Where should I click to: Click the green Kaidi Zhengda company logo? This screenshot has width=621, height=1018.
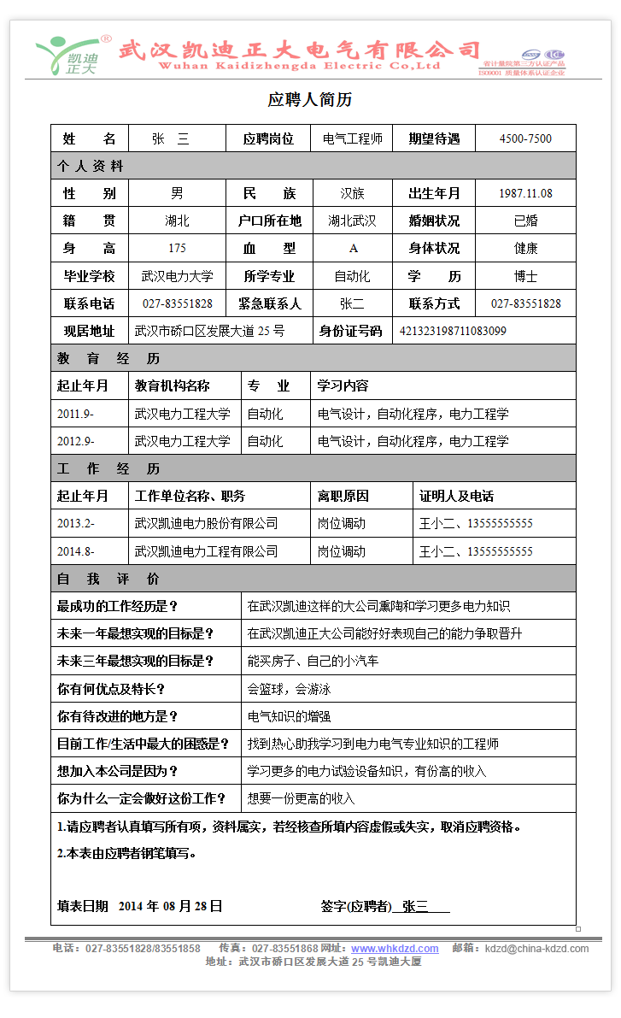tap(70, 56)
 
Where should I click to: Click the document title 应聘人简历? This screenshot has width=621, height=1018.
tap(310, 100)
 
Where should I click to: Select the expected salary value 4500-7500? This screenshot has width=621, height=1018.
tap(525, 138)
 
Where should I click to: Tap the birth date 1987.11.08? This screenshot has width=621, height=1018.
tap(525, 193)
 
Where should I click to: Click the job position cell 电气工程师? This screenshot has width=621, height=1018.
tap(353, 138)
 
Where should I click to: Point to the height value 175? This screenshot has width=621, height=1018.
tap(177, 249)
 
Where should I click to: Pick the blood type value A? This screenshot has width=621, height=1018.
tap(353, 249)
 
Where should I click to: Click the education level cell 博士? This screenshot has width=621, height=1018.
tap(525, 276)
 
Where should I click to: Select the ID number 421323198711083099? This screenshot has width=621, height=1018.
tap(453, 331)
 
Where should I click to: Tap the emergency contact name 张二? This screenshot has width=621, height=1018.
tap(352, 303)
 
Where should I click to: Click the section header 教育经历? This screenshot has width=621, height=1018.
tap(108, 358)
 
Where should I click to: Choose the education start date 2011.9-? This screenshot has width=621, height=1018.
tap(76, 414)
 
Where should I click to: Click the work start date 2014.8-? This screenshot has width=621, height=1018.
tap(76, 551)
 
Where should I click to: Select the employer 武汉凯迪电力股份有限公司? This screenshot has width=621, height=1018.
tap(207, 523)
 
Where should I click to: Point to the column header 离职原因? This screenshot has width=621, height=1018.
tap(342, 496)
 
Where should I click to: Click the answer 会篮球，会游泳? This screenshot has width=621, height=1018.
tap(289, 689)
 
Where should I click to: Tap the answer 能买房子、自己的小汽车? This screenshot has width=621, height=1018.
tap(313, 661)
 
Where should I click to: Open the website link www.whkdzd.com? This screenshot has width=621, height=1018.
tap(395, 949)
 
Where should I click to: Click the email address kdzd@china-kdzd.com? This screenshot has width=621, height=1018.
tap(536, 949)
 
